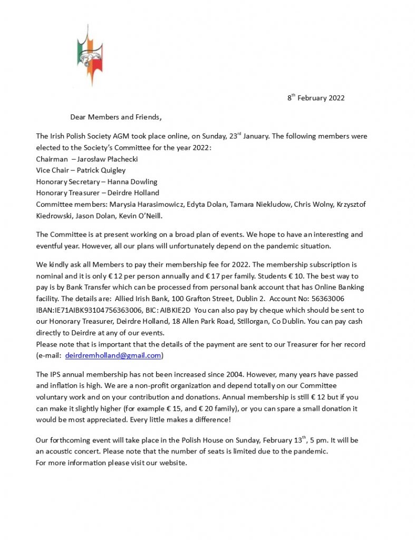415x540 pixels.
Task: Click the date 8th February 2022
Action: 316,98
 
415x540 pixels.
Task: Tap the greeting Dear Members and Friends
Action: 115,117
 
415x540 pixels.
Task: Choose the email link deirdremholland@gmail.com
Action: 113,356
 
